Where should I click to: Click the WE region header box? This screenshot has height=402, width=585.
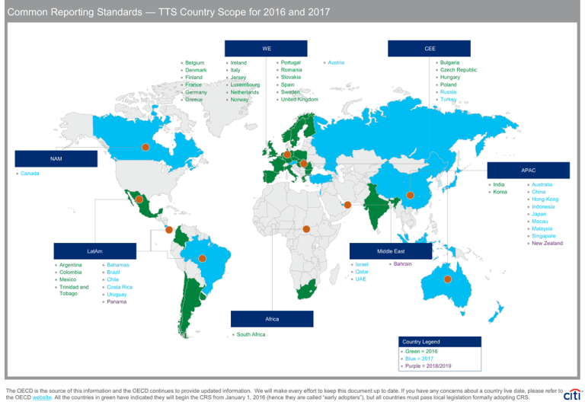[267, 49]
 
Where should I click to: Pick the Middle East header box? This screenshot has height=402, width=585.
[390, 250]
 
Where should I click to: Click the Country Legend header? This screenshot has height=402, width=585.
[441, 342]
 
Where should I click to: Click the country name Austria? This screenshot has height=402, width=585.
[336, 62]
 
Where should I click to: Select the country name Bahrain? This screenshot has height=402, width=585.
[402, 263]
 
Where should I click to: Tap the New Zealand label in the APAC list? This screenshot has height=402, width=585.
[547, 243]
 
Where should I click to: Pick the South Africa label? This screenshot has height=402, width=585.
[251, 334]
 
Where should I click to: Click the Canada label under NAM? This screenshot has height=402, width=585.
[30, 174]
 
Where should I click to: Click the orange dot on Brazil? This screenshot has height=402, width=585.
[203, 258]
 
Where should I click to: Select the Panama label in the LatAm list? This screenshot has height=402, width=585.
[117, 301]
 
